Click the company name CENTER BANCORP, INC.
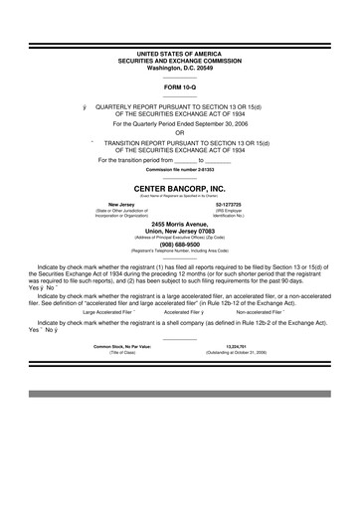[x=179, y=186]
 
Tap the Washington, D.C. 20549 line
[x=179, y=67]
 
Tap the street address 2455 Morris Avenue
[x=179, y=225]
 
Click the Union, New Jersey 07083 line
[x=179, y=232]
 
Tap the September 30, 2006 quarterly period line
[x=179, y=124]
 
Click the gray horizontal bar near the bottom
[x=179, y=394]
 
